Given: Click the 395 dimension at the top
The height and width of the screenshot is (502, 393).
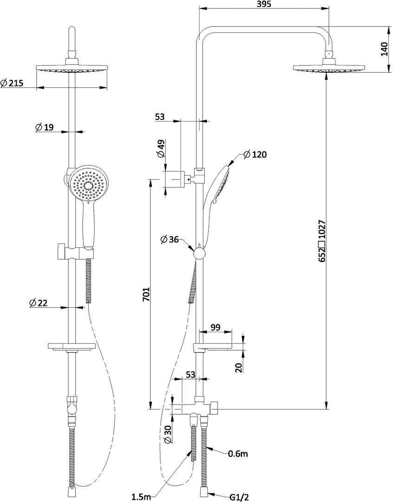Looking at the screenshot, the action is [264, 4].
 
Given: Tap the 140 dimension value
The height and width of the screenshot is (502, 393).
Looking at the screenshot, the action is [384, 49].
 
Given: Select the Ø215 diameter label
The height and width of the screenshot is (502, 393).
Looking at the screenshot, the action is [12, 83].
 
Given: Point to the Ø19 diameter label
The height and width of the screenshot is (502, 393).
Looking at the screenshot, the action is [44, 128].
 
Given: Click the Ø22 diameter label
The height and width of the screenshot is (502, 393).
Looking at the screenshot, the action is [38, 303].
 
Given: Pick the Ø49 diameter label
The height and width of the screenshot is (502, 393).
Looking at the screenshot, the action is [161, 149].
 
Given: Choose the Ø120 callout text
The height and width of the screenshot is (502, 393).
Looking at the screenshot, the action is [255, 154].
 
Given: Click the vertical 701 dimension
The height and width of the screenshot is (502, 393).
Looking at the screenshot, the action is [146, 294].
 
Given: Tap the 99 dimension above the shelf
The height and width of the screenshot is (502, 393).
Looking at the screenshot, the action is [216, 328].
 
